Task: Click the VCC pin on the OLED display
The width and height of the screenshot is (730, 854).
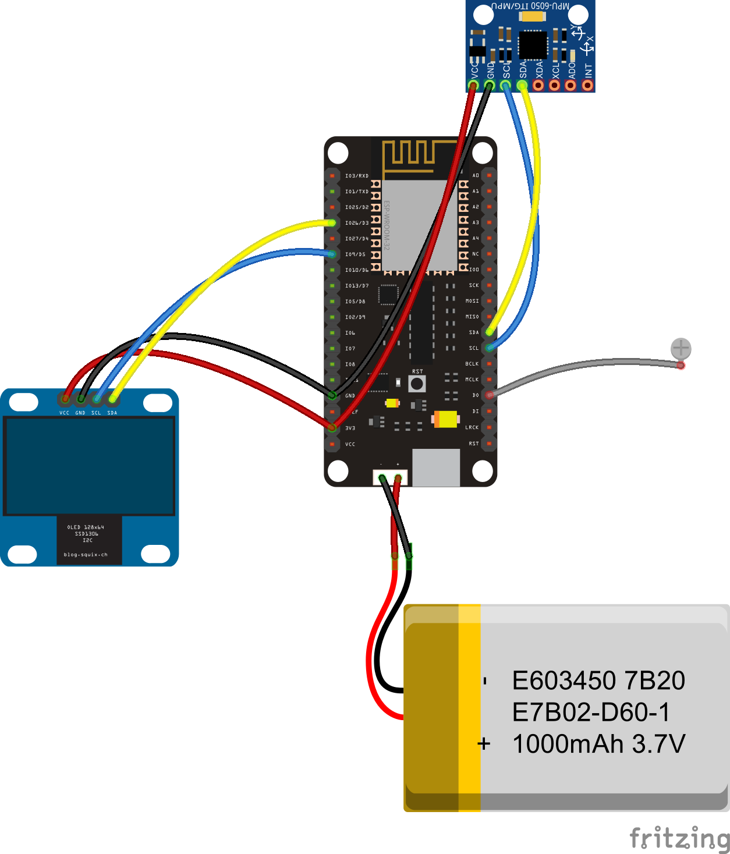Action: [x=65, y=399]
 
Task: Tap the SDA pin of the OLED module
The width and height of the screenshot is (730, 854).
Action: [x=112, y=399]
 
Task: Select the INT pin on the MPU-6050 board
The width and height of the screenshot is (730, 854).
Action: [x=587, y=86]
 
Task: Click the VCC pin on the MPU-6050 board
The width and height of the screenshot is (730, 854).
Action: [x=473, y=86]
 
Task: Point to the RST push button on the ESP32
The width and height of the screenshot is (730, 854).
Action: [x=417, y=384]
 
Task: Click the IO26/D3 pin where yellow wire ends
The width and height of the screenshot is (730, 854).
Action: [x=332, y=223]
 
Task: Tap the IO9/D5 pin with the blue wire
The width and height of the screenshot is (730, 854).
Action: [x=332, y=254]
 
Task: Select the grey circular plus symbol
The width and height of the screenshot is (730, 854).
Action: [x=681, y=349]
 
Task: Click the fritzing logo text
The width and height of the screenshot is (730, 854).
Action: [x=679, y=838]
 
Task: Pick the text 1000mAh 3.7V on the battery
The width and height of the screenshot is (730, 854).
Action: [x=598, y=744]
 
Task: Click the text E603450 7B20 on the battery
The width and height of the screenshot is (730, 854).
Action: [x=598, y=681]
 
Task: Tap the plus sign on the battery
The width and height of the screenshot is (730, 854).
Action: [x=484, y=744]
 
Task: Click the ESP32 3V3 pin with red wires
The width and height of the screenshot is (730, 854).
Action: [x=332, y=428]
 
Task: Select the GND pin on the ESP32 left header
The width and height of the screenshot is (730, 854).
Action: [x=332, y=395]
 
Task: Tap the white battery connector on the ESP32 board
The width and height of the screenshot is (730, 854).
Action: [x=390, y=477]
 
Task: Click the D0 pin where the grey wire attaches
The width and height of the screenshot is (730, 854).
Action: [x=490, y=395]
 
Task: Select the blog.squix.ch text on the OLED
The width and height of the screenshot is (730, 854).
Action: [x=86, y=555]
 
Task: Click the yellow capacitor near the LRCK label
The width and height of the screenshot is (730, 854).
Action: [x=446, y=419]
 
